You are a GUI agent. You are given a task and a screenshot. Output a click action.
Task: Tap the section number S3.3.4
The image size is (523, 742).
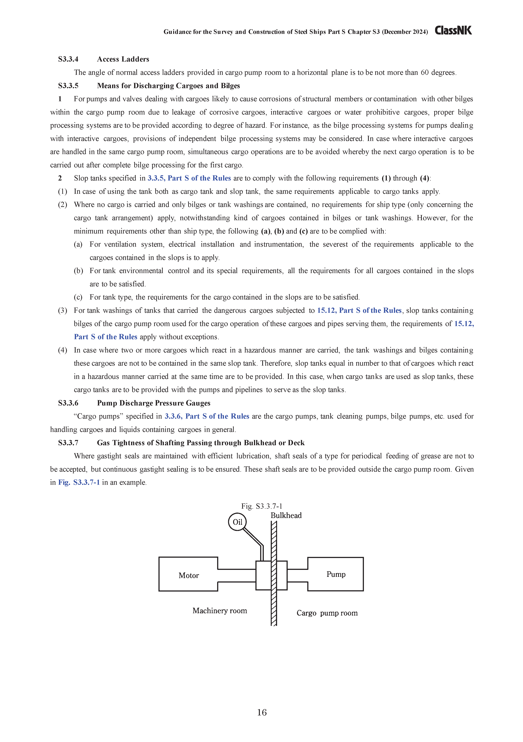click(x=68, y=59)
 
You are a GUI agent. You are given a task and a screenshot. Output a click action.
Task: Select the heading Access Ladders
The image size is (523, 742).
click(x=123, y=59)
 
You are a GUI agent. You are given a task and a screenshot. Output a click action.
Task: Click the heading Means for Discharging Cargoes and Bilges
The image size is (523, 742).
click(x=168, y=86)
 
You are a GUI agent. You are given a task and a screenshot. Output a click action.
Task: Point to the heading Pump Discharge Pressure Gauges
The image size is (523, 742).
click(x=153, y=403)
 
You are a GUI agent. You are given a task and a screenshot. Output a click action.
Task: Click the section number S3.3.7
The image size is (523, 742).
click(x=68, y=443)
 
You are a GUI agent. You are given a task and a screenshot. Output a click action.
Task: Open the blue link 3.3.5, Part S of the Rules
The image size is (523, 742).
click(x=189, y=178)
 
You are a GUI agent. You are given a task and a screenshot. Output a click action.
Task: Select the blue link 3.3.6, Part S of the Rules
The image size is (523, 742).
click(x=207, y=416)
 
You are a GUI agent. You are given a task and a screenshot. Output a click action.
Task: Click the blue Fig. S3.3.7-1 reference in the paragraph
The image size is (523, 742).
click(x=79, y=483)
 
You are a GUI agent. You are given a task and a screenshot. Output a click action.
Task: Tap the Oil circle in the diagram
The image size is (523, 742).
click(x=237, y=522)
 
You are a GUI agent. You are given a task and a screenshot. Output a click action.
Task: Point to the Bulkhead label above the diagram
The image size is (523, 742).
click(x=286, y=515)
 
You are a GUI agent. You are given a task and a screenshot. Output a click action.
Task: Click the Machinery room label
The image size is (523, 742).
click(x=220, y=611)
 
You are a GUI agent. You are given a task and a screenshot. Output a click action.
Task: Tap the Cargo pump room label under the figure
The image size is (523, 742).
click(x=327, y=613)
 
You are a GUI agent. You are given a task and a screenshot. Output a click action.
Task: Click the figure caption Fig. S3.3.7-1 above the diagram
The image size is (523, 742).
click(x=262, y=506)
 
